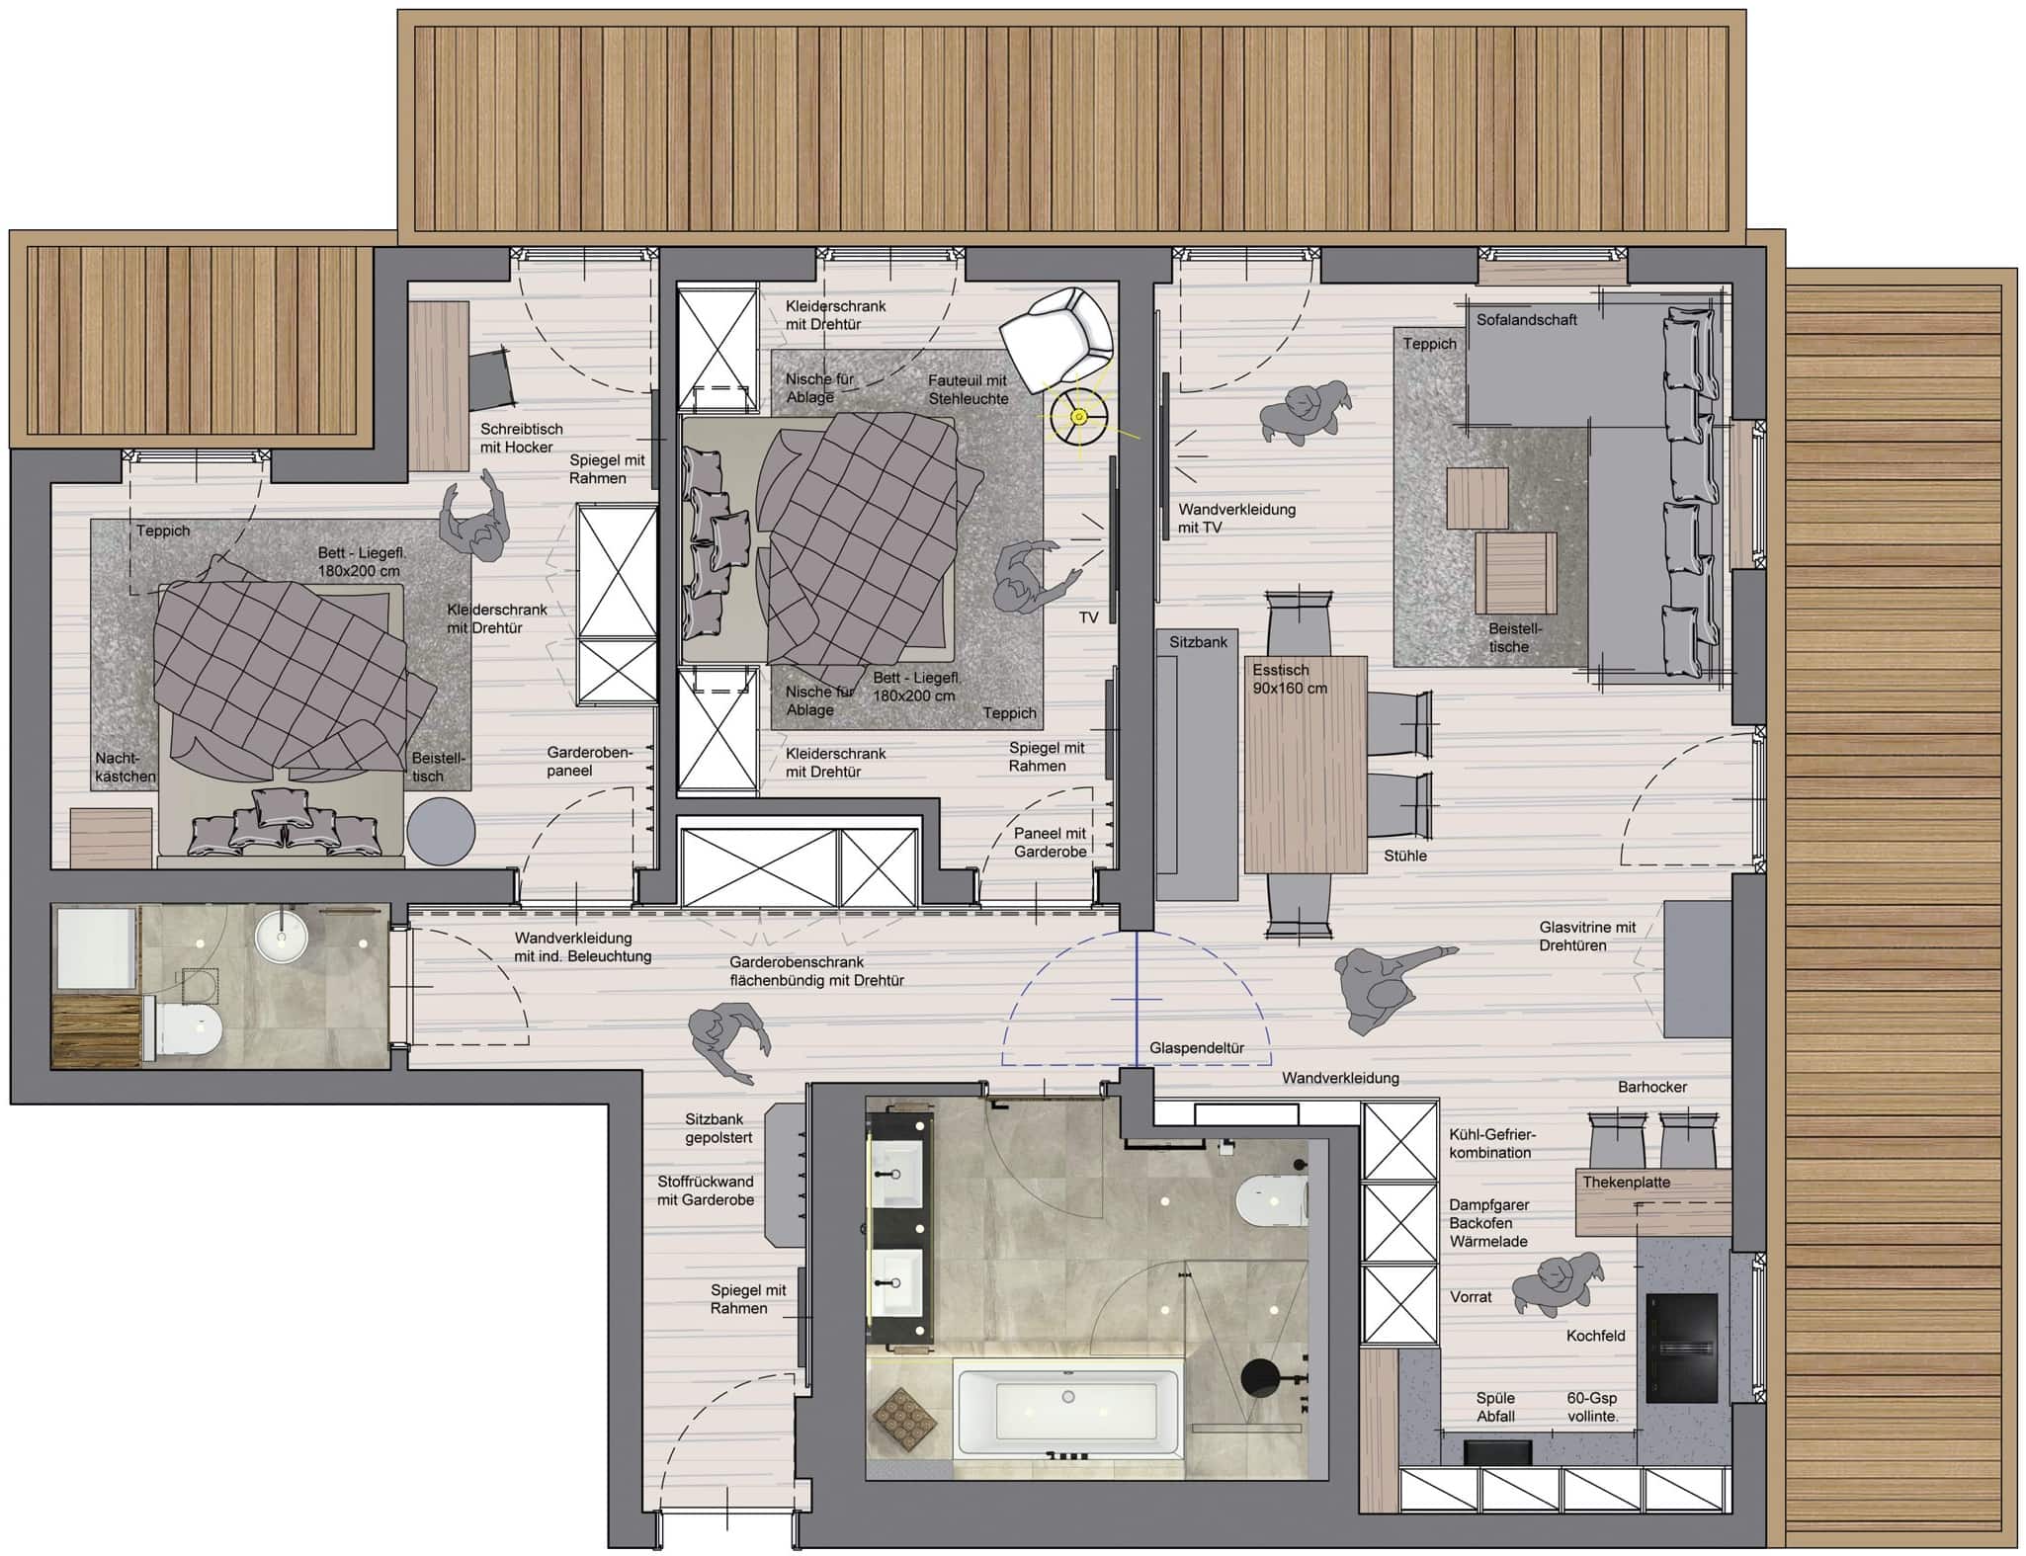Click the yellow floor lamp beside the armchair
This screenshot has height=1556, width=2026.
click(x=1078, y=417)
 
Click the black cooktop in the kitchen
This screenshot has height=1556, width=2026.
click(x=1682, y=1348)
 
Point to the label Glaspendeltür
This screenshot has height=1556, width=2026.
click(x=1196, y=1048)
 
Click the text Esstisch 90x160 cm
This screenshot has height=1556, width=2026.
click(x=1290, y=679)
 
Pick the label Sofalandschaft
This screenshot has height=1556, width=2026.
click(x=1526, y=320)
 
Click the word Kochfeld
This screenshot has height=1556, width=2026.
click(x=1595, y=1336)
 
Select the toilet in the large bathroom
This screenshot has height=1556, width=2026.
click(x=1271, y=1199)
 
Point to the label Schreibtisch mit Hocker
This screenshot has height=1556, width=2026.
click(x=521, y=438)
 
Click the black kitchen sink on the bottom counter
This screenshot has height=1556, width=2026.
click(x=1496, y=1452)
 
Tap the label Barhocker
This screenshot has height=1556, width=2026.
click(x=1651, y=1087)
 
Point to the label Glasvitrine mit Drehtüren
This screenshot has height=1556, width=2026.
click(x=1587, y=936)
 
